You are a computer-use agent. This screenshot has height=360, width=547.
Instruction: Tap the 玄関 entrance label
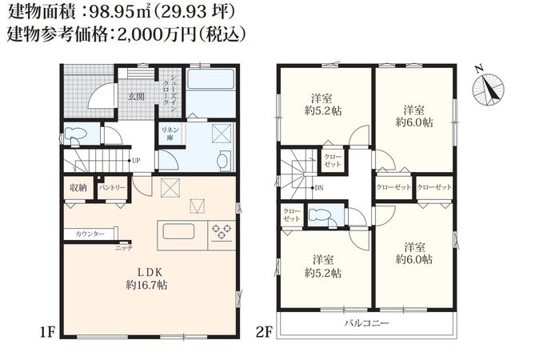pyautogui.click(x=136, y=97)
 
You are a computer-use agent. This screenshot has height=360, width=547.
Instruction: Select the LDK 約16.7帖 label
pyautogui.click(x=147, y=278)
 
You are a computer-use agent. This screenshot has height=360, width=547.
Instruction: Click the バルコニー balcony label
pyautogui.click(x=366, y=323)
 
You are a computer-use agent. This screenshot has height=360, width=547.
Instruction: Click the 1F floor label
pyautogui.click(x=47, y=333)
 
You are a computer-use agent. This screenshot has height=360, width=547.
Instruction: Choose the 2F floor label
pyautogui.click(x=264, y=333)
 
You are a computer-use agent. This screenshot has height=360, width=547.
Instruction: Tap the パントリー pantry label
pyautogui.click(x=112, y=188)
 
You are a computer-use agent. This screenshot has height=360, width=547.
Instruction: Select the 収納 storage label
pyautogui.click(x=78, y=188)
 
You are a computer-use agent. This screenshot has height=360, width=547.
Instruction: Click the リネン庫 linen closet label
pyautogui.click(x=170, y=134)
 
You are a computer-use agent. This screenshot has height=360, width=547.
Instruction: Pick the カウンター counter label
pyautogui.click(x=90, y=234)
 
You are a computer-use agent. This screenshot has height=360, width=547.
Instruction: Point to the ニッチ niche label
pyautogui.click(x=124, y=248)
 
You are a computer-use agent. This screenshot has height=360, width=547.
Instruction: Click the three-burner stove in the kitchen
pyautogui.click(x=222, y=232)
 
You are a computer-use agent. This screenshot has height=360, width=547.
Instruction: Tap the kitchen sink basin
pyautogui.click(x=178, y=231)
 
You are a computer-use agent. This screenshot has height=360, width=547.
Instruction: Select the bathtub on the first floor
pyautogui.click(x=210, y=79)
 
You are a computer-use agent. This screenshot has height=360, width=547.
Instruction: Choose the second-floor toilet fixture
pyautogui.click(x=320, y=215)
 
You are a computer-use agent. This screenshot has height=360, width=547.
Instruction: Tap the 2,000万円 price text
pyautogui.click(x=154, y=35)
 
